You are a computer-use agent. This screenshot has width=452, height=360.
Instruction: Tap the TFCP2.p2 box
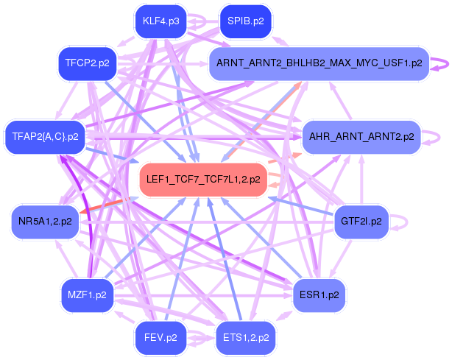click(x=86, y=63)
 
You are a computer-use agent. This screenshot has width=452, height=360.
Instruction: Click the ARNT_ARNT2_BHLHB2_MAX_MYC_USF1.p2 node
click(x=319, y=63)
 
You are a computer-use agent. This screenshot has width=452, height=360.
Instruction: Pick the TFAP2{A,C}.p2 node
click(x=45, y=136)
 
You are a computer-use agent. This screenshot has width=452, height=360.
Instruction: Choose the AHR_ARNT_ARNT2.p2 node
click(x=361, y=136)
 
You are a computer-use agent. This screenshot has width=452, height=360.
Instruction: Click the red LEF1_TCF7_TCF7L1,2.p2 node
click(x=203, y=179)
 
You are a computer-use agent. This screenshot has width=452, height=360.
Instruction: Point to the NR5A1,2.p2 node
click(x=45, y=221)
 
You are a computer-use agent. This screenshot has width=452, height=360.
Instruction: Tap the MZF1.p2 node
click(x=86, y=295)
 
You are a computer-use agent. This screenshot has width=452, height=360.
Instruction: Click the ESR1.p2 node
click(x=319, y=295)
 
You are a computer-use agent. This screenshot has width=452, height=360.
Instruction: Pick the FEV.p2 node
click(x=161, y=338)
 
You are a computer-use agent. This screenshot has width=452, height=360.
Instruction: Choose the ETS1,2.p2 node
click(x=245, y=338)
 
